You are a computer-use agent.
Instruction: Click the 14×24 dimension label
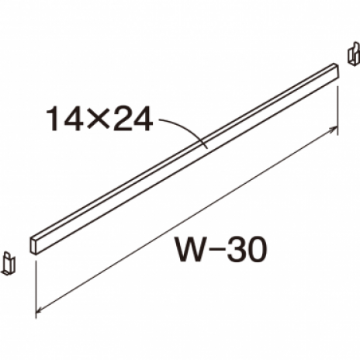pos(99,119)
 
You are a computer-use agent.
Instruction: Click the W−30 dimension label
pos(221,250)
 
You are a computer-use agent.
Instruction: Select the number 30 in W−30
pos(247,250)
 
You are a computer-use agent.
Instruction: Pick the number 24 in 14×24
pos(133,119)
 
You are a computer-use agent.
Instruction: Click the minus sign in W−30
pos(216,251)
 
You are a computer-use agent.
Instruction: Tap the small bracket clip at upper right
pos(354,54)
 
